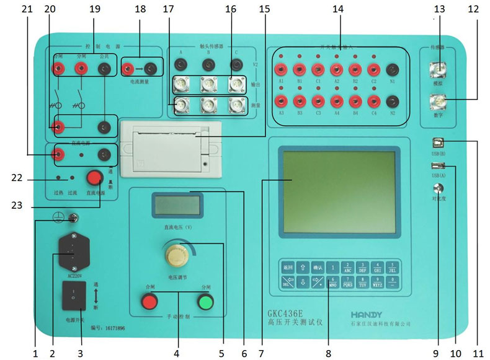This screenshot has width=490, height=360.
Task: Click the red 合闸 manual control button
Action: (x=149, y=302)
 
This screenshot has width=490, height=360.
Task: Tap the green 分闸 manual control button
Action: (x=205, y=302)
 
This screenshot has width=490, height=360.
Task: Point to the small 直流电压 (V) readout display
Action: (x=177, y=204)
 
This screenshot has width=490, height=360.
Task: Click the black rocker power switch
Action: (x=73, y=296)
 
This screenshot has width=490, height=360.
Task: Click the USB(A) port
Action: (x=438, y=165)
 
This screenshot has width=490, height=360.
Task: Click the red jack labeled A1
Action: (x=281, y=69)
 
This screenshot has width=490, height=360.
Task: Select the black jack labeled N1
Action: (x=392, y=69)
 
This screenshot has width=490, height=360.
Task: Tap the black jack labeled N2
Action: (x=392, y=101)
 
